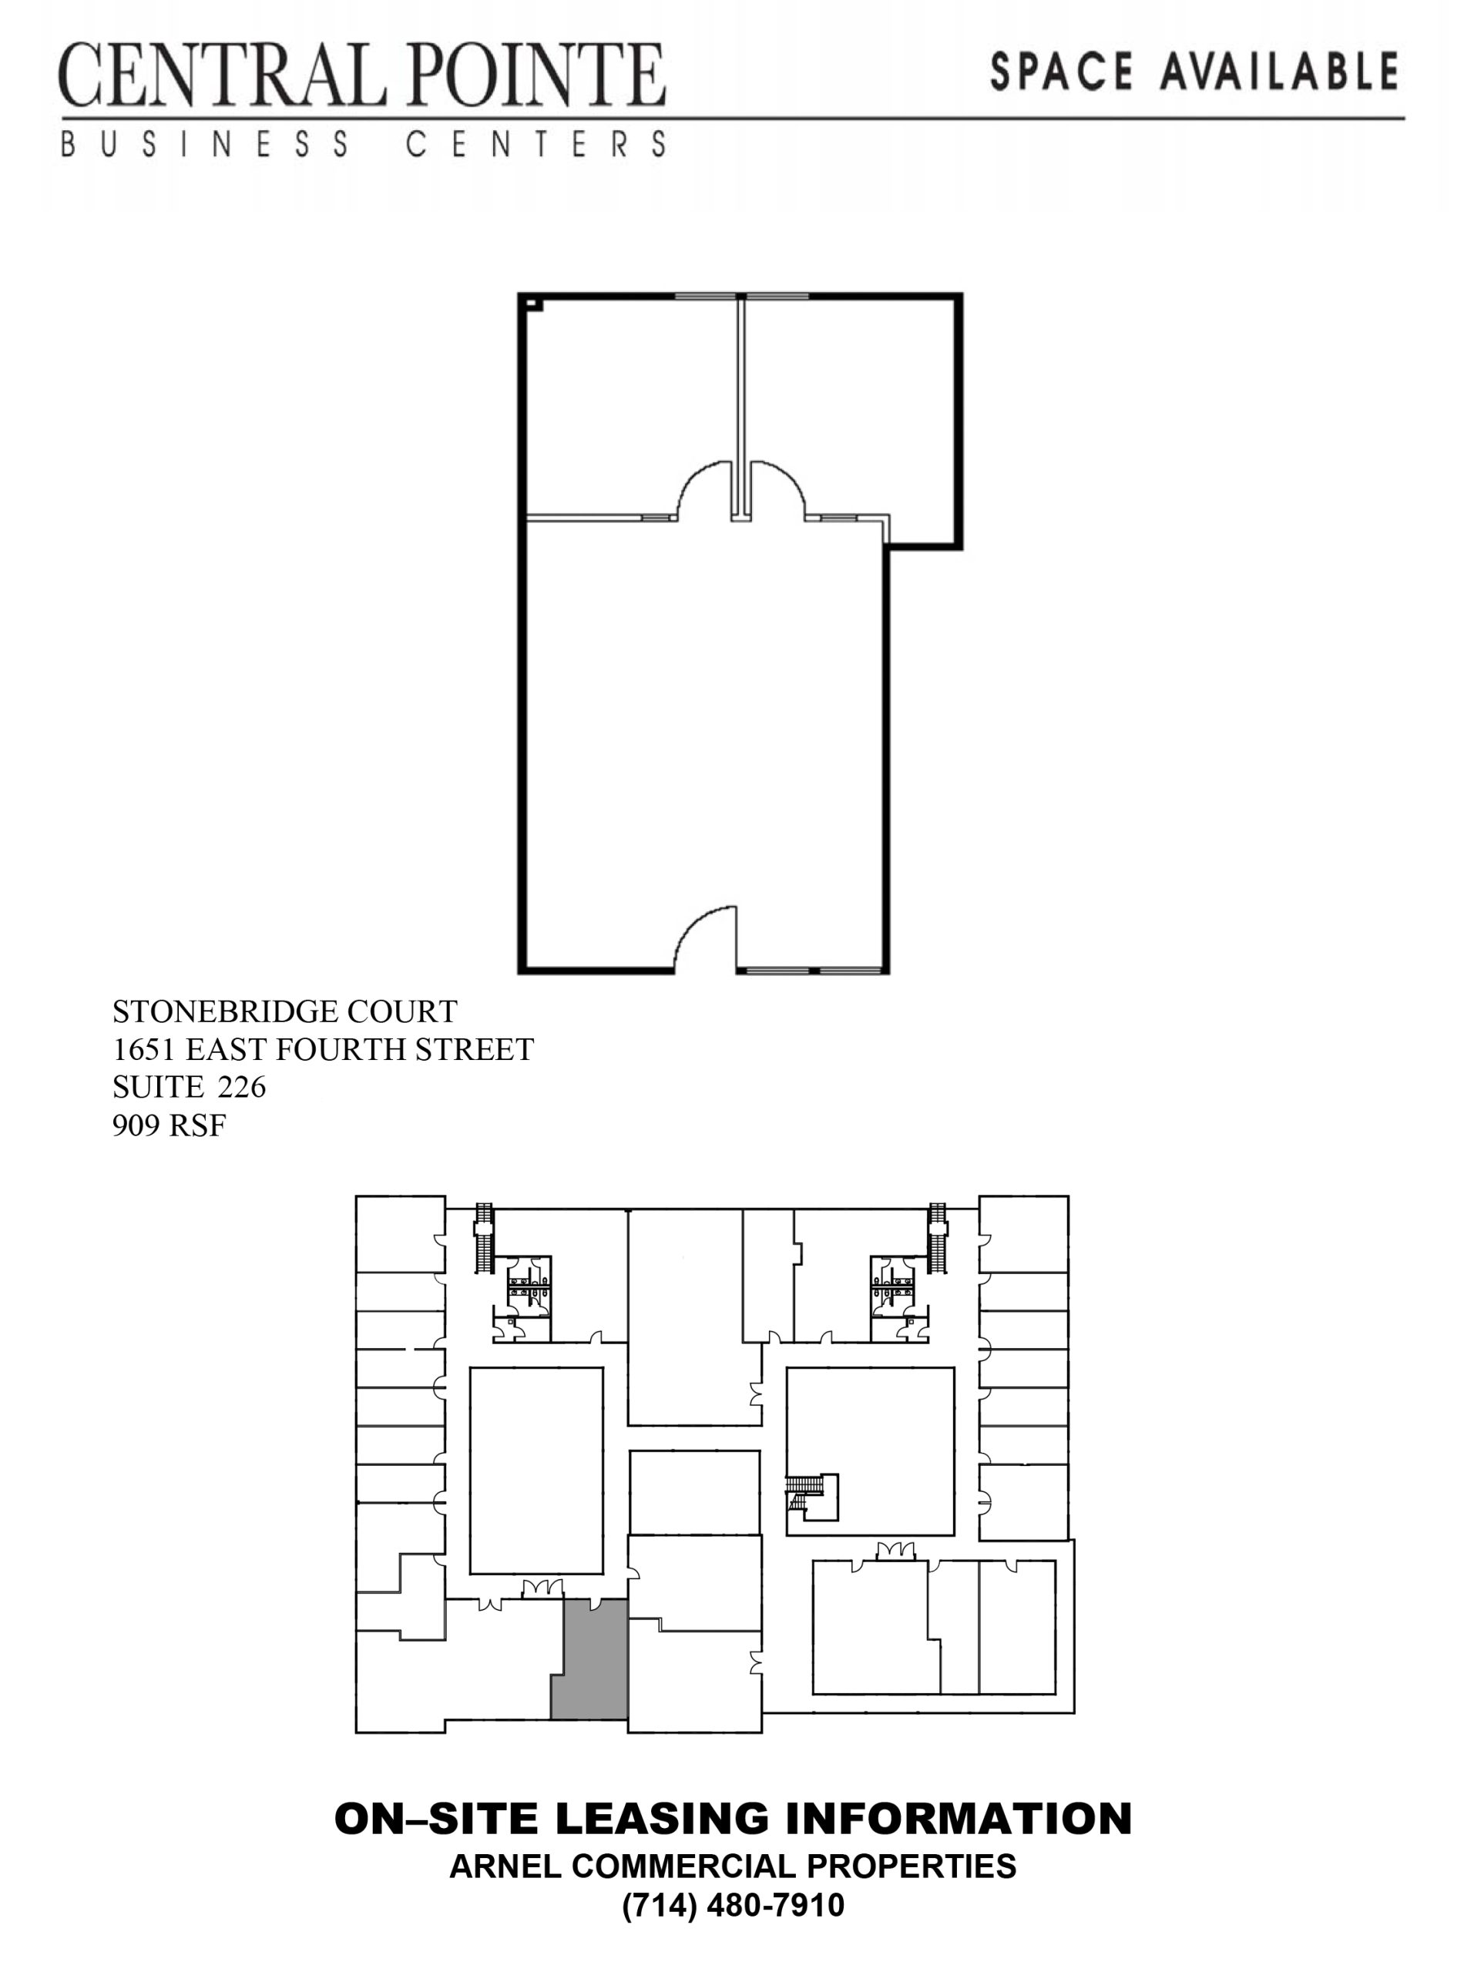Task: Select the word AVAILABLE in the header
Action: [1280, 72]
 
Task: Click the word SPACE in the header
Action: [1062, 72]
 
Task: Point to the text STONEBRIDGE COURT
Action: [284, 1011]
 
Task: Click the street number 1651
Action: [144, 1049]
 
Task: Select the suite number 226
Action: [241, 1086]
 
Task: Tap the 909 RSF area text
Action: [170, 1125]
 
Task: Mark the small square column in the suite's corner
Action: [532, 304]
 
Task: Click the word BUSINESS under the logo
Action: [205, 144]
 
